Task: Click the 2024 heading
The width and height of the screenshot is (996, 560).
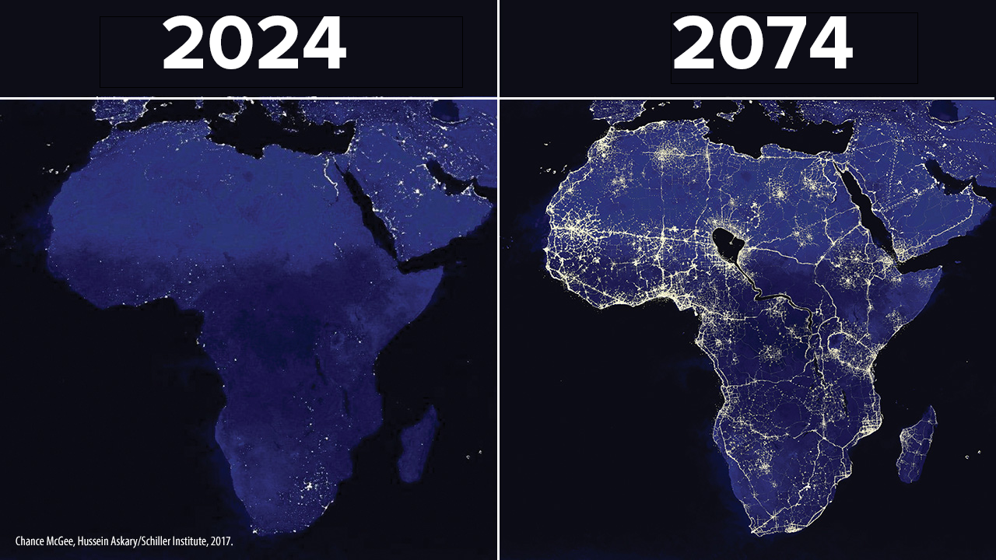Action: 254,43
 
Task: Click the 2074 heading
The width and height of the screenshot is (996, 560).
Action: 762,43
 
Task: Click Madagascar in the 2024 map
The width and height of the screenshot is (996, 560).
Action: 417,444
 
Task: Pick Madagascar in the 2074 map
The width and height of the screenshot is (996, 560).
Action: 916,444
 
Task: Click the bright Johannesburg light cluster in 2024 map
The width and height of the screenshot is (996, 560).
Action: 308,487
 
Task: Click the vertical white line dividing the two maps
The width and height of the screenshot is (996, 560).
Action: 499,280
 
